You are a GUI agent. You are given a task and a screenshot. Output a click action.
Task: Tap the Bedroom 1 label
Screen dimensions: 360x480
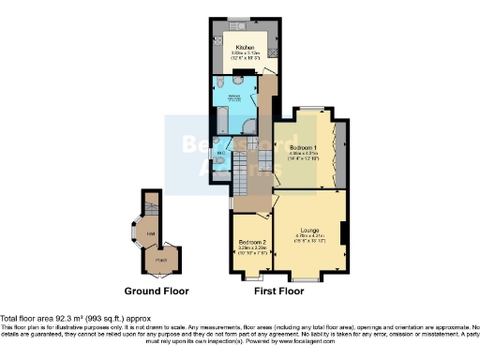302,147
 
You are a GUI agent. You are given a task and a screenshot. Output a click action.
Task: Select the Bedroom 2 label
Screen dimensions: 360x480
252,242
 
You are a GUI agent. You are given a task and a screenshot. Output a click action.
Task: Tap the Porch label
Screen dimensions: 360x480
161,259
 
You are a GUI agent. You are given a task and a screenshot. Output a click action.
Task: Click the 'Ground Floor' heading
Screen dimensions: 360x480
161,291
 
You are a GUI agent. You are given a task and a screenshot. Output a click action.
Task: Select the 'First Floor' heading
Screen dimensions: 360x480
282,291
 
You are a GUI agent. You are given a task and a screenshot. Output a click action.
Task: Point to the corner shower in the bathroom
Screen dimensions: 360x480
249,131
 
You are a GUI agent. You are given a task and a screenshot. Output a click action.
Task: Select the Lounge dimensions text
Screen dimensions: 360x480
308,238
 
